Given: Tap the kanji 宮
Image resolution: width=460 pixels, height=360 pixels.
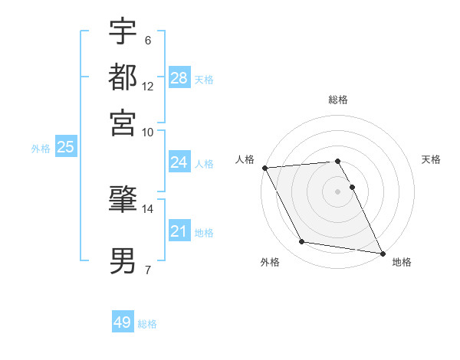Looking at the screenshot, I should pyautogui.click(x=123, y=122).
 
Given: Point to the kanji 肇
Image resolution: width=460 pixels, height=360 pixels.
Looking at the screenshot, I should pyautogui.click(x=123, y=200).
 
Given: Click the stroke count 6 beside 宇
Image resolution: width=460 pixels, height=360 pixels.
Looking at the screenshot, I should pyautogui.click(x=147, y=40).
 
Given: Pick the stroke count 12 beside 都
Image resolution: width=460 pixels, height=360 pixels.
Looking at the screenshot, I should pyautogui.click(x=147, y=86).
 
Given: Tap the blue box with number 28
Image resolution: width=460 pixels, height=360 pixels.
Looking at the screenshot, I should pyautogui.click(x=179, y=77).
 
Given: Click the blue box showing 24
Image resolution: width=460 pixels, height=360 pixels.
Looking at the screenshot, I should pyautogui.click(x=179, y=162).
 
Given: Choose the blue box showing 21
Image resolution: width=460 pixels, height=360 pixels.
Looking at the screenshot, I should pyautogui.click(x=179, y=231).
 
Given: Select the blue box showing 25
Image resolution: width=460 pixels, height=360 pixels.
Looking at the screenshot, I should pyautogui.click(x=65, y=147).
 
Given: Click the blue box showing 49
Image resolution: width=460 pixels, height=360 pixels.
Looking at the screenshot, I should pyautogui.click(x=123, y=322).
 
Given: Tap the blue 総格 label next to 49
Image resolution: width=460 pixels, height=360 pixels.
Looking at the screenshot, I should pyautogui.click(x=147, y=324).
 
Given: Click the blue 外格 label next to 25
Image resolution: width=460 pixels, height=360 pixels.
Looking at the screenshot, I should pyautogui.click(x=41, y=149).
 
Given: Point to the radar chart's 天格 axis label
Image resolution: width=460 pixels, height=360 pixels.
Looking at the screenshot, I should pyautogui.click(x=431, y=159).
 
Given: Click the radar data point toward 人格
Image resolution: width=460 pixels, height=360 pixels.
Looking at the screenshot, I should pyautogui.click(x=264, y=167).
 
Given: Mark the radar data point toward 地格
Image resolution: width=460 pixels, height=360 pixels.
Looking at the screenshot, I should pyautogui.click(x=382, y=252).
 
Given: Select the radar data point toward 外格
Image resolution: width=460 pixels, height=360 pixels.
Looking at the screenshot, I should pyautogui.click(x=302, y=242).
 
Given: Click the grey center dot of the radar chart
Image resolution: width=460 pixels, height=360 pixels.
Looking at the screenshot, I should pyautogui.click(x=338, y=191).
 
